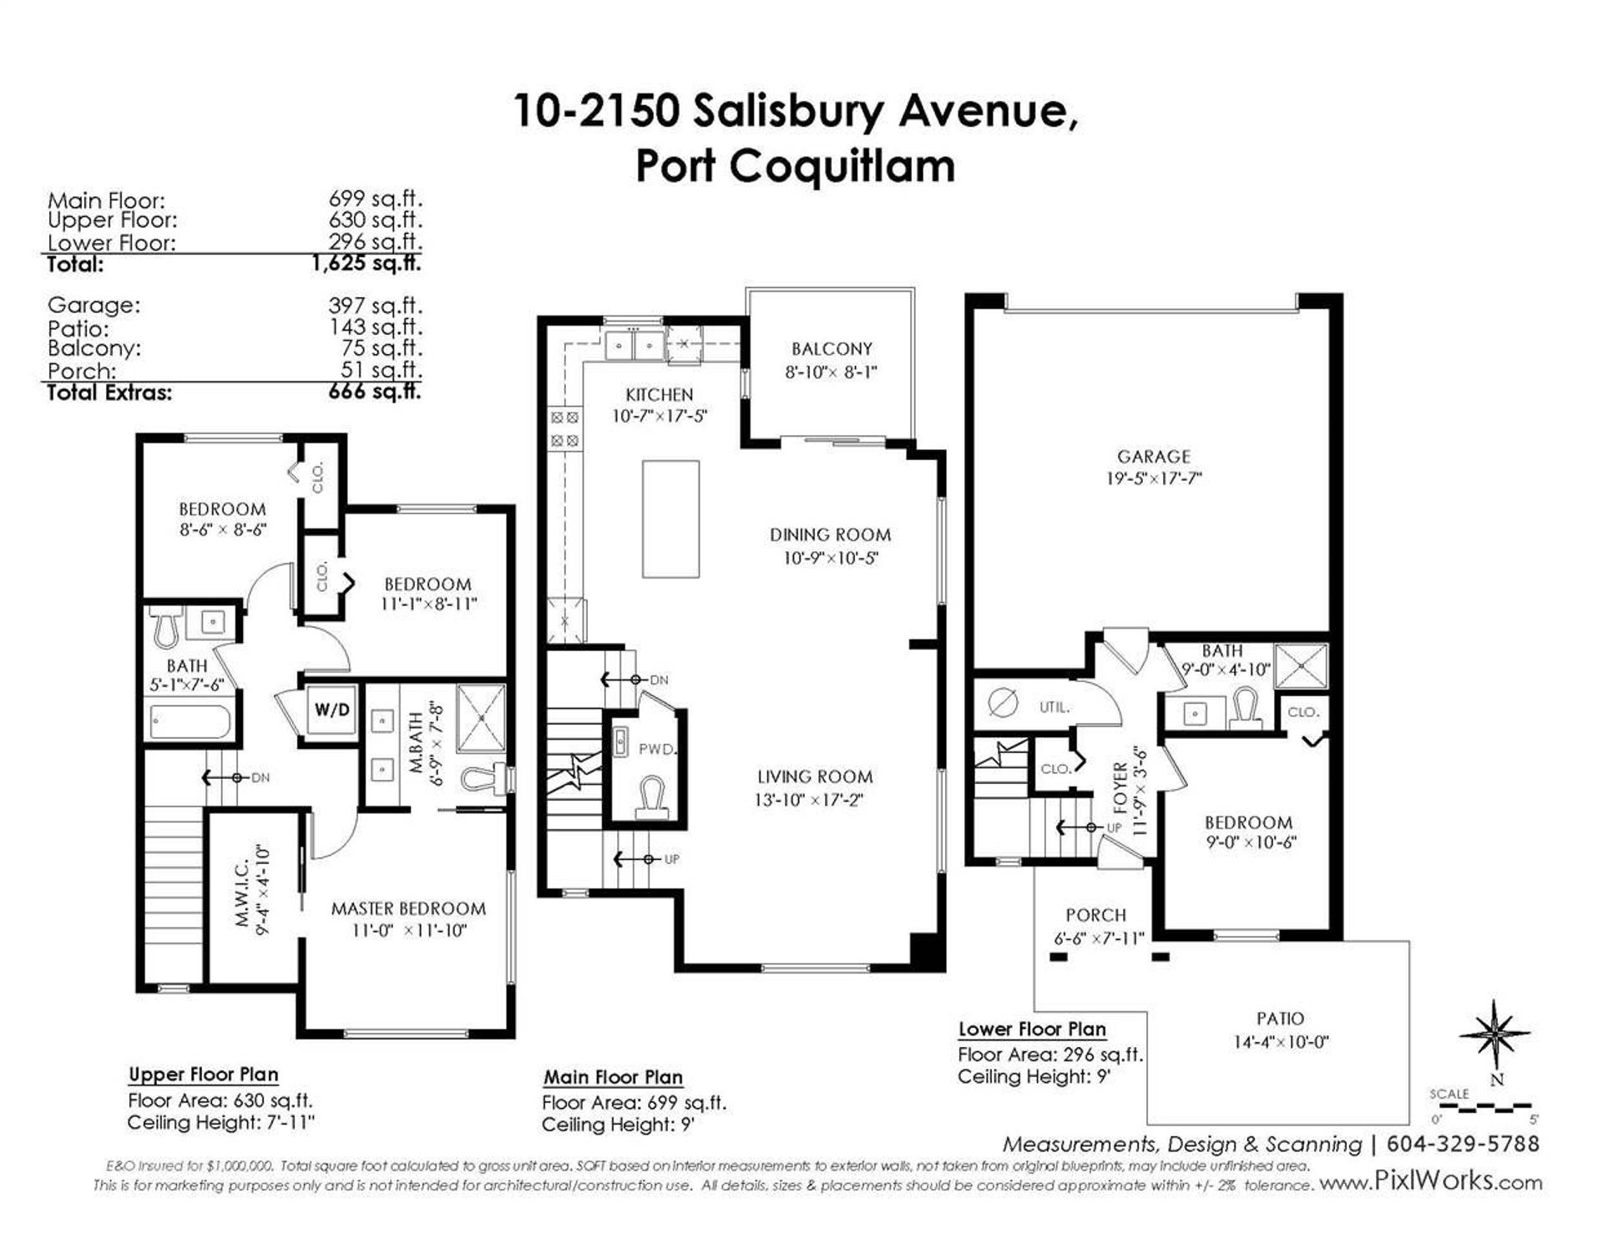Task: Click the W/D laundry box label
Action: point(332,711)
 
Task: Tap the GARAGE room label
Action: point(1153,457)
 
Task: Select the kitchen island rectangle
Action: point(670,518)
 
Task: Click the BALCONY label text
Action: point(832,349)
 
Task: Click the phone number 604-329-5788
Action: point(1462,1143)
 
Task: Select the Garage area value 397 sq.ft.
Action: point(375,306)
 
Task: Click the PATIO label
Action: point(1280,1019)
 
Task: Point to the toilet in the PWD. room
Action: point(649,796)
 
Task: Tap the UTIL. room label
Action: point(1054,707)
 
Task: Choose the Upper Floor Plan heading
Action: point(204,1075)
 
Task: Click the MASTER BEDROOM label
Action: point(408,908)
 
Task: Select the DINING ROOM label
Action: point(830,534)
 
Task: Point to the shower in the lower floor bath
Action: point(1301,666)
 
